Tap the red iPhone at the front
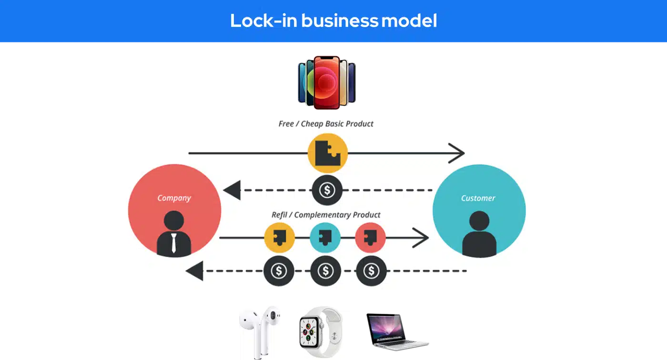327,82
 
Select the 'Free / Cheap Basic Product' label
326,124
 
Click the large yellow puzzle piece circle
328,153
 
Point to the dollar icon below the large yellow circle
327,190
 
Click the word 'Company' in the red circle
174,198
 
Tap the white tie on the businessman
173,243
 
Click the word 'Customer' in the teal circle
478,198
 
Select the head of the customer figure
479,221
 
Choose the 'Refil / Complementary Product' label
326,215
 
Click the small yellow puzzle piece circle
279,238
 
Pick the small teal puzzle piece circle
325,238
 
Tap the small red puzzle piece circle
371,238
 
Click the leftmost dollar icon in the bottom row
279,271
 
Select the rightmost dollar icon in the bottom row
371,271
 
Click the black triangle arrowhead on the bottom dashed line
195,271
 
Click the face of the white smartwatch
308,332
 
